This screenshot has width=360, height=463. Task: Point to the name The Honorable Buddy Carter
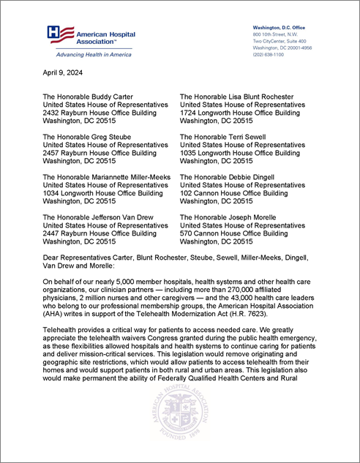coord(94,97)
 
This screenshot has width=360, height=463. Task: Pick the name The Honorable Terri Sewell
coord(229,136)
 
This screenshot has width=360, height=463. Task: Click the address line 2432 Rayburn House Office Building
coord(100,113)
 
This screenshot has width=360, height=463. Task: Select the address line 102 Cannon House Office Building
coord(237,193)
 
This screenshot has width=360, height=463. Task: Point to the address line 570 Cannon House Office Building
coord(237,233)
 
